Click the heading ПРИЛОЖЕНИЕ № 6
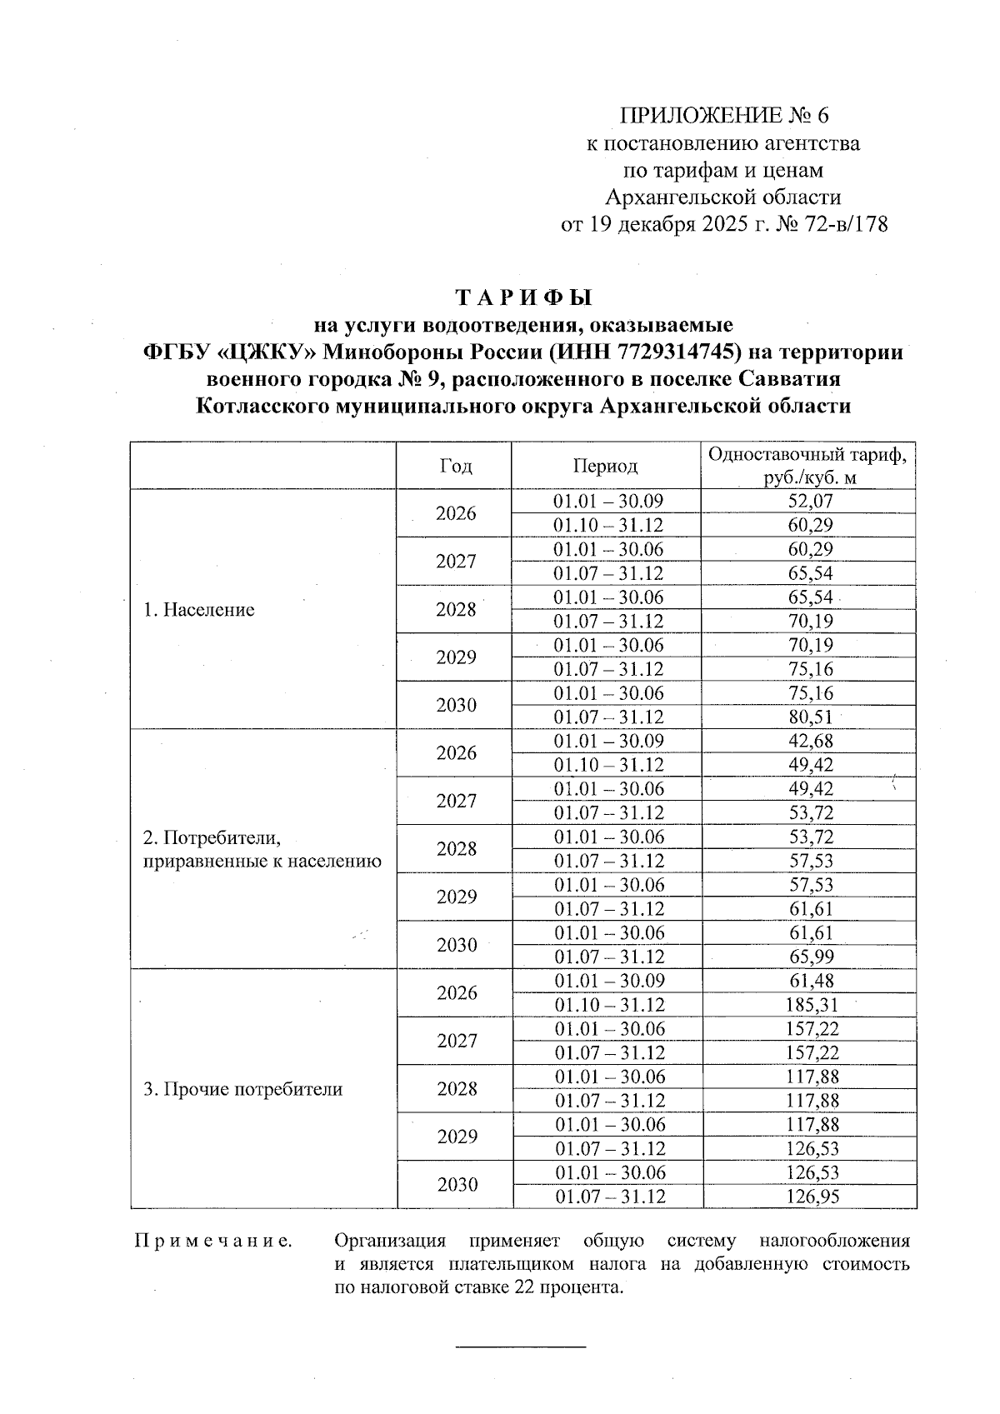[x=725, y=115]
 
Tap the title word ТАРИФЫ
[x=523, y=297]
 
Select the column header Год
[x=455, y=466]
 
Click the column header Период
[x=605, y=466]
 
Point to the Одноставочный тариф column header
[x=809, y=466]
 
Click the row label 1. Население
[x=198, y=610]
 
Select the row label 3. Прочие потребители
[x=242, y=1089]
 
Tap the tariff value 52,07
[x=810, y=502]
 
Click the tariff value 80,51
[x=810, y=717]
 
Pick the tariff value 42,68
[x=810, y=742]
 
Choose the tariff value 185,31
[x=810, y=1005]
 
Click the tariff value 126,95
[x=810, y=1197]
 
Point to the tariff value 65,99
[x=810, y=957]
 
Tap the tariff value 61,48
[x=810, y=982]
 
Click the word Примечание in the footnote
[x=213, y=1242]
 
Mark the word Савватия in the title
[x=788, y=379]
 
